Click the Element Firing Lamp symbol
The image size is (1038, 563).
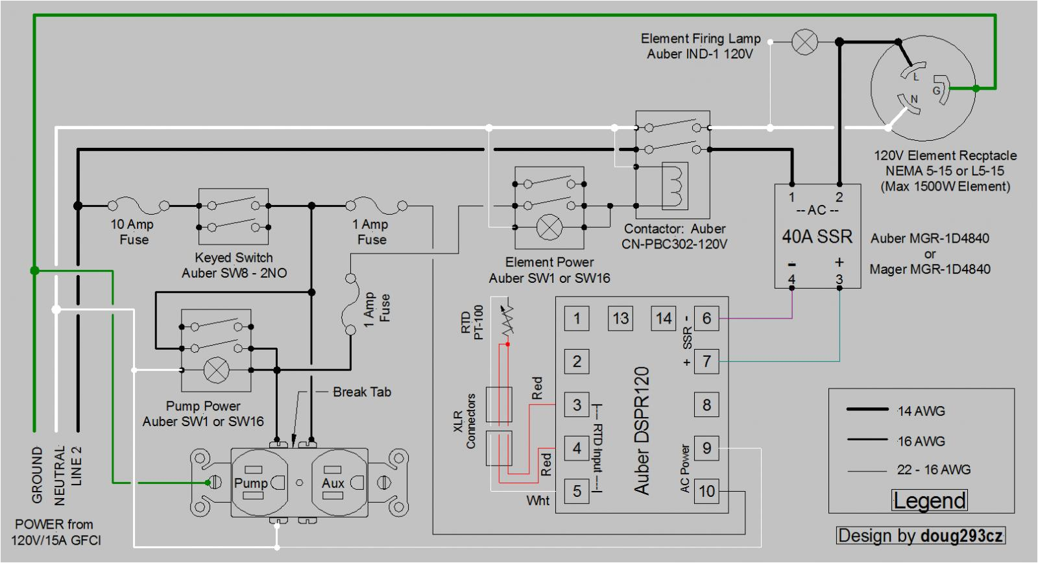[x=805, y=42]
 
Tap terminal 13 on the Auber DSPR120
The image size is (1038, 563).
[x=620, y=318]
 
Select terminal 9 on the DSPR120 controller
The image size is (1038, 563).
[x=706, y=448]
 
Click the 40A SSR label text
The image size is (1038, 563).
[x=816, y=237]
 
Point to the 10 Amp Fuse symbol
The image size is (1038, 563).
[x=138, y=206]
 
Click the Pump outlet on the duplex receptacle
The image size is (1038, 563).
[x=259, y=483]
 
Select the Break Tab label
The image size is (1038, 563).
[x=361, y=392]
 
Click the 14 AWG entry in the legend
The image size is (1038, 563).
[x=921, y=411]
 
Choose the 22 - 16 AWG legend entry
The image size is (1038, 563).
[x=933, y=470]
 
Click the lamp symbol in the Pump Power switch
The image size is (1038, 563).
[x=216, y=370]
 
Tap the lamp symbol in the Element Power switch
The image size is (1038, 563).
[x=550, y=227]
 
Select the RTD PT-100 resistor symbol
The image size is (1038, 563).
[x=507, y=318]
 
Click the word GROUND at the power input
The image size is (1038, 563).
[x=37, y=474]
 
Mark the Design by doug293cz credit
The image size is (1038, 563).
[x=920, y=536]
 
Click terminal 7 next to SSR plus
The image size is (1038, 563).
[x=706, y=361]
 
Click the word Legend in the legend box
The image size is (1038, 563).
[x=929, y=501]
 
